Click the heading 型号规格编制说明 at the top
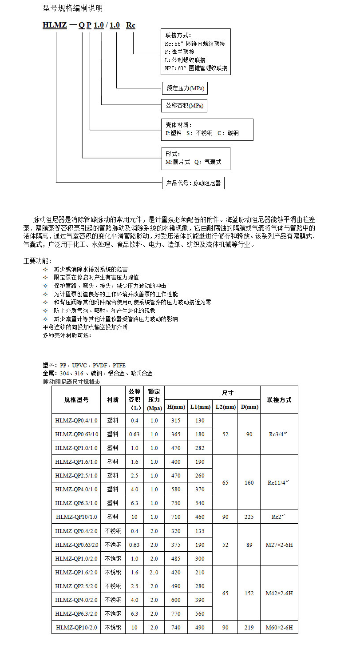(73, 8)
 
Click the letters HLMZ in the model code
(54, 26)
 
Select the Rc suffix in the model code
(131, 26)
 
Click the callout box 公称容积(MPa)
(184, 106)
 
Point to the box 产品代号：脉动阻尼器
(193, 183)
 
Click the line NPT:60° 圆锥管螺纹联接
(196, 68)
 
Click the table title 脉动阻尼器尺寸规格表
(71, 382)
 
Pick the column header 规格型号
(76, 400)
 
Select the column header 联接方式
(279, 400)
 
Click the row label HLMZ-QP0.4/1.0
(76, 421)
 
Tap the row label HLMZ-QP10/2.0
(76, 627)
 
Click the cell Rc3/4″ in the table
(279, 434)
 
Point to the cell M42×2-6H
(279, 593)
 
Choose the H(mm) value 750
(176, 503)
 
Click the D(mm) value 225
(249, 517)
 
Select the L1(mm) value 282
(200, 448)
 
